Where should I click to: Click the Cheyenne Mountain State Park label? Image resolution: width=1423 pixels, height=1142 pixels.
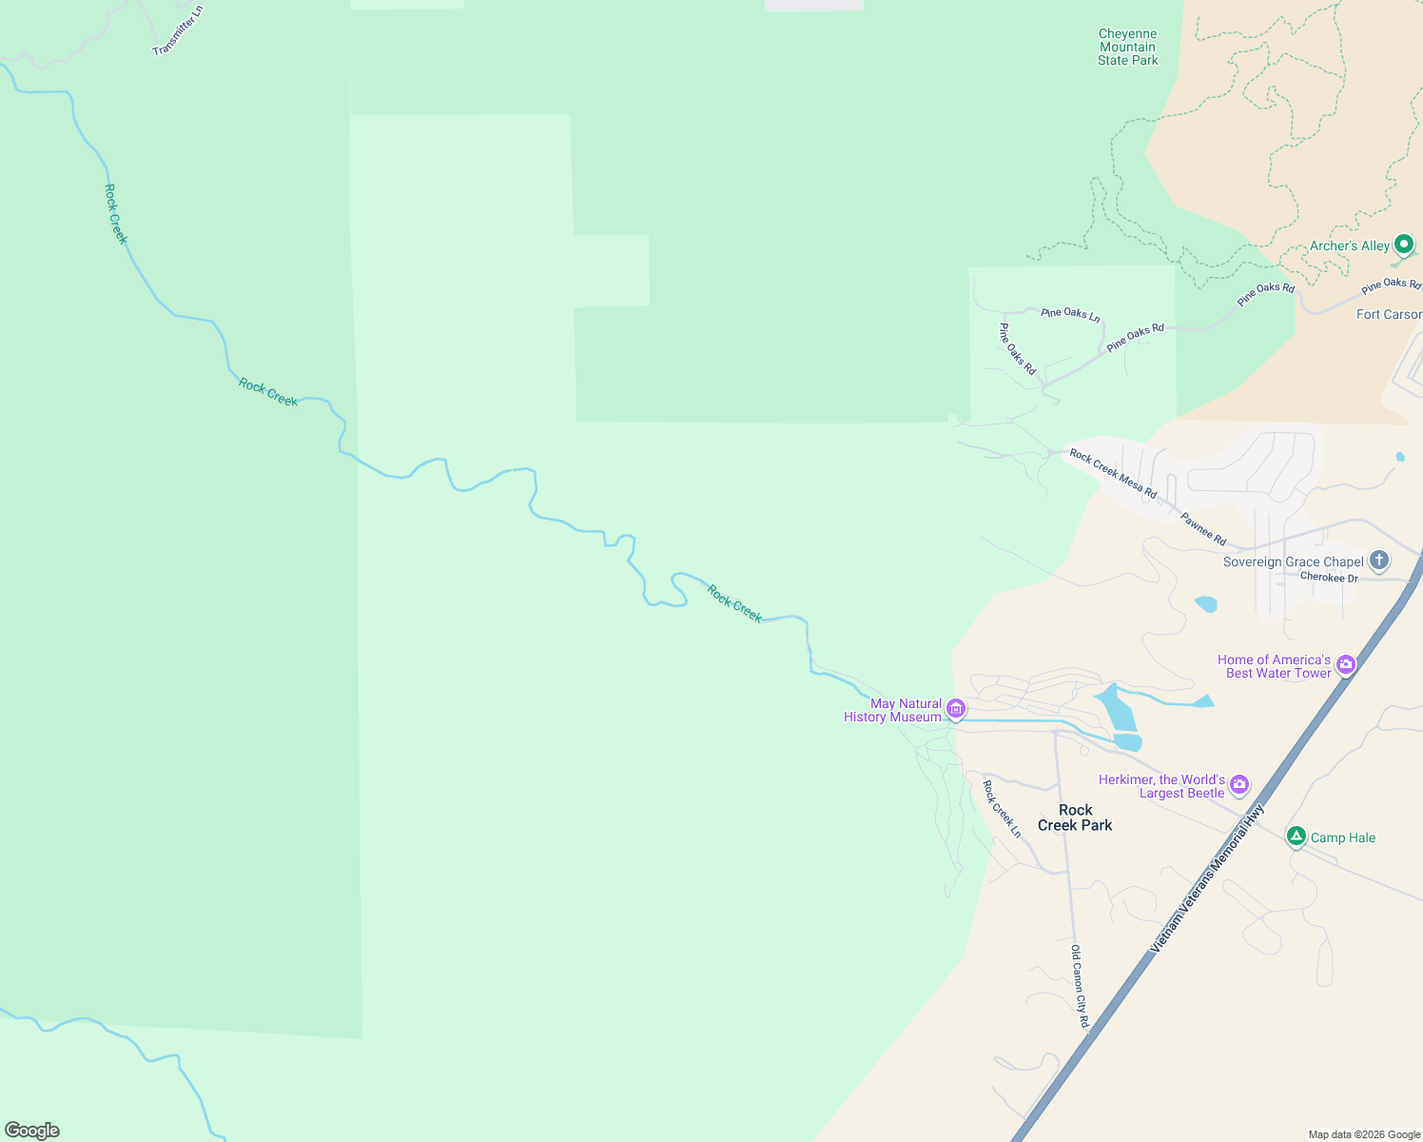click(1127, 48)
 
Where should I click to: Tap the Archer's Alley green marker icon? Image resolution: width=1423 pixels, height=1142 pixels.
click(1403, 245)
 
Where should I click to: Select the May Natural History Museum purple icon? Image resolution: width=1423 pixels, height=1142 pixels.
click(956, 709)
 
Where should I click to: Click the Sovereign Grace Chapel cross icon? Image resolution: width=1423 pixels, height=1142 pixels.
click(1379, 561)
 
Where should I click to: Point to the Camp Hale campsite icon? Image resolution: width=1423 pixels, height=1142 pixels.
click(1296, 837)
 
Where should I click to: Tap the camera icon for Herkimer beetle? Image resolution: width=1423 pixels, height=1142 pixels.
click(1238, 785)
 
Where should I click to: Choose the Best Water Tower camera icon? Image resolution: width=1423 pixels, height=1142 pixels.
click(1345, 665)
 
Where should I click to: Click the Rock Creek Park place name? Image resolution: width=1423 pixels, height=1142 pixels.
click(1075, 817)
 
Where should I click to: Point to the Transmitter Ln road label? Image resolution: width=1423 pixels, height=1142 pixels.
click(178, 30)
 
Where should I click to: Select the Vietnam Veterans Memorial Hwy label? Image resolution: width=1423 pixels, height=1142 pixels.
click(1207, 877)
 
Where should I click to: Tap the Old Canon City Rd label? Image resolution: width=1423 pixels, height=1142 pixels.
click(1079, 986)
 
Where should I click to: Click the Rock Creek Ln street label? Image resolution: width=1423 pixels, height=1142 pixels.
click(1002, 809)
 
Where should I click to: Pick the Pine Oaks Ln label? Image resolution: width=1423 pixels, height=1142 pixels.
click(1070, 314)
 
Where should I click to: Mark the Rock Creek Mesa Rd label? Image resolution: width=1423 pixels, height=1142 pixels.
click(1113, 473)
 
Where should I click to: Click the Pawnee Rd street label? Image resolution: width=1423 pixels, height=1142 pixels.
click(1203, 529)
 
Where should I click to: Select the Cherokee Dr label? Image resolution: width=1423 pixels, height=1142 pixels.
click(1329, 578)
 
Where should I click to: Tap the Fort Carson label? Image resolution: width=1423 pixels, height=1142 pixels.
click(1389, 314)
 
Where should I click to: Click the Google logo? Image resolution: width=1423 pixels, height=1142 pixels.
click(32, 1131)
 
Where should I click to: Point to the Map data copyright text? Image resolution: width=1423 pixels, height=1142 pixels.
click(1364, 1134)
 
